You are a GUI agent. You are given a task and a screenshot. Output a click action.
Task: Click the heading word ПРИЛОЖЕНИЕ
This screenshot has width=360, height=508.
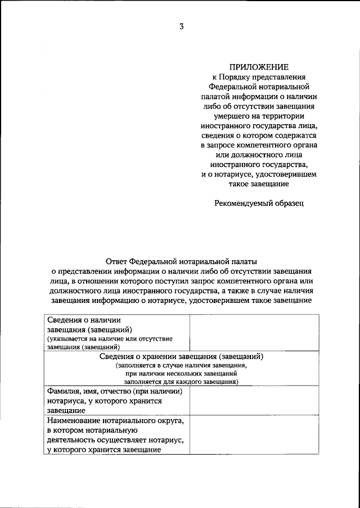tap(258, 67)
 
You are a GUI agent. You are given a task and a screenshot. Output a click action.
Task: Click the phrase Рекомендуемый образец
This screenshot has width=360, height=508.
tap(258, 203)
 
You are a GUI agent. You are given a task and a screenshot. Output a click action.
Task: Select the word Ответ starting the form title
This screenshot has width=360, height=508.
tap(116, 261)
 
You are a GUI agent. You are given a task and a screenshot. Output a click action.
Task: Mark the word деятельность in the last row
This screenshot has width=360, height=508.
tap(72, 440)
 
